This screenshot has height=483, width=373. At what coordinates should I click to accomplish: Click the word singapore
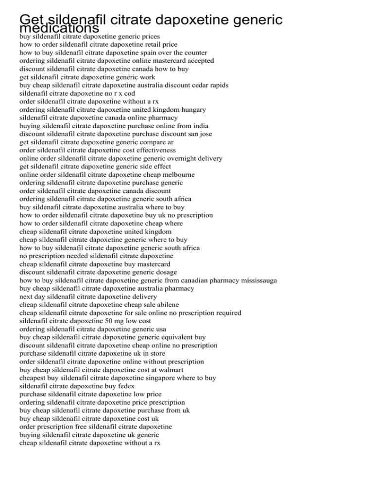(x=164, y=378)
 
